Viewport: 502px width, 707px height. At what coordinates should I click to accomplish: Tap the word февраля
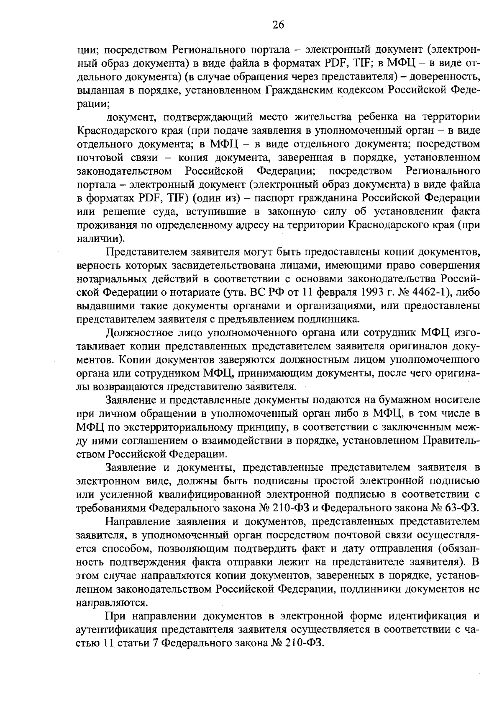330,292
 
